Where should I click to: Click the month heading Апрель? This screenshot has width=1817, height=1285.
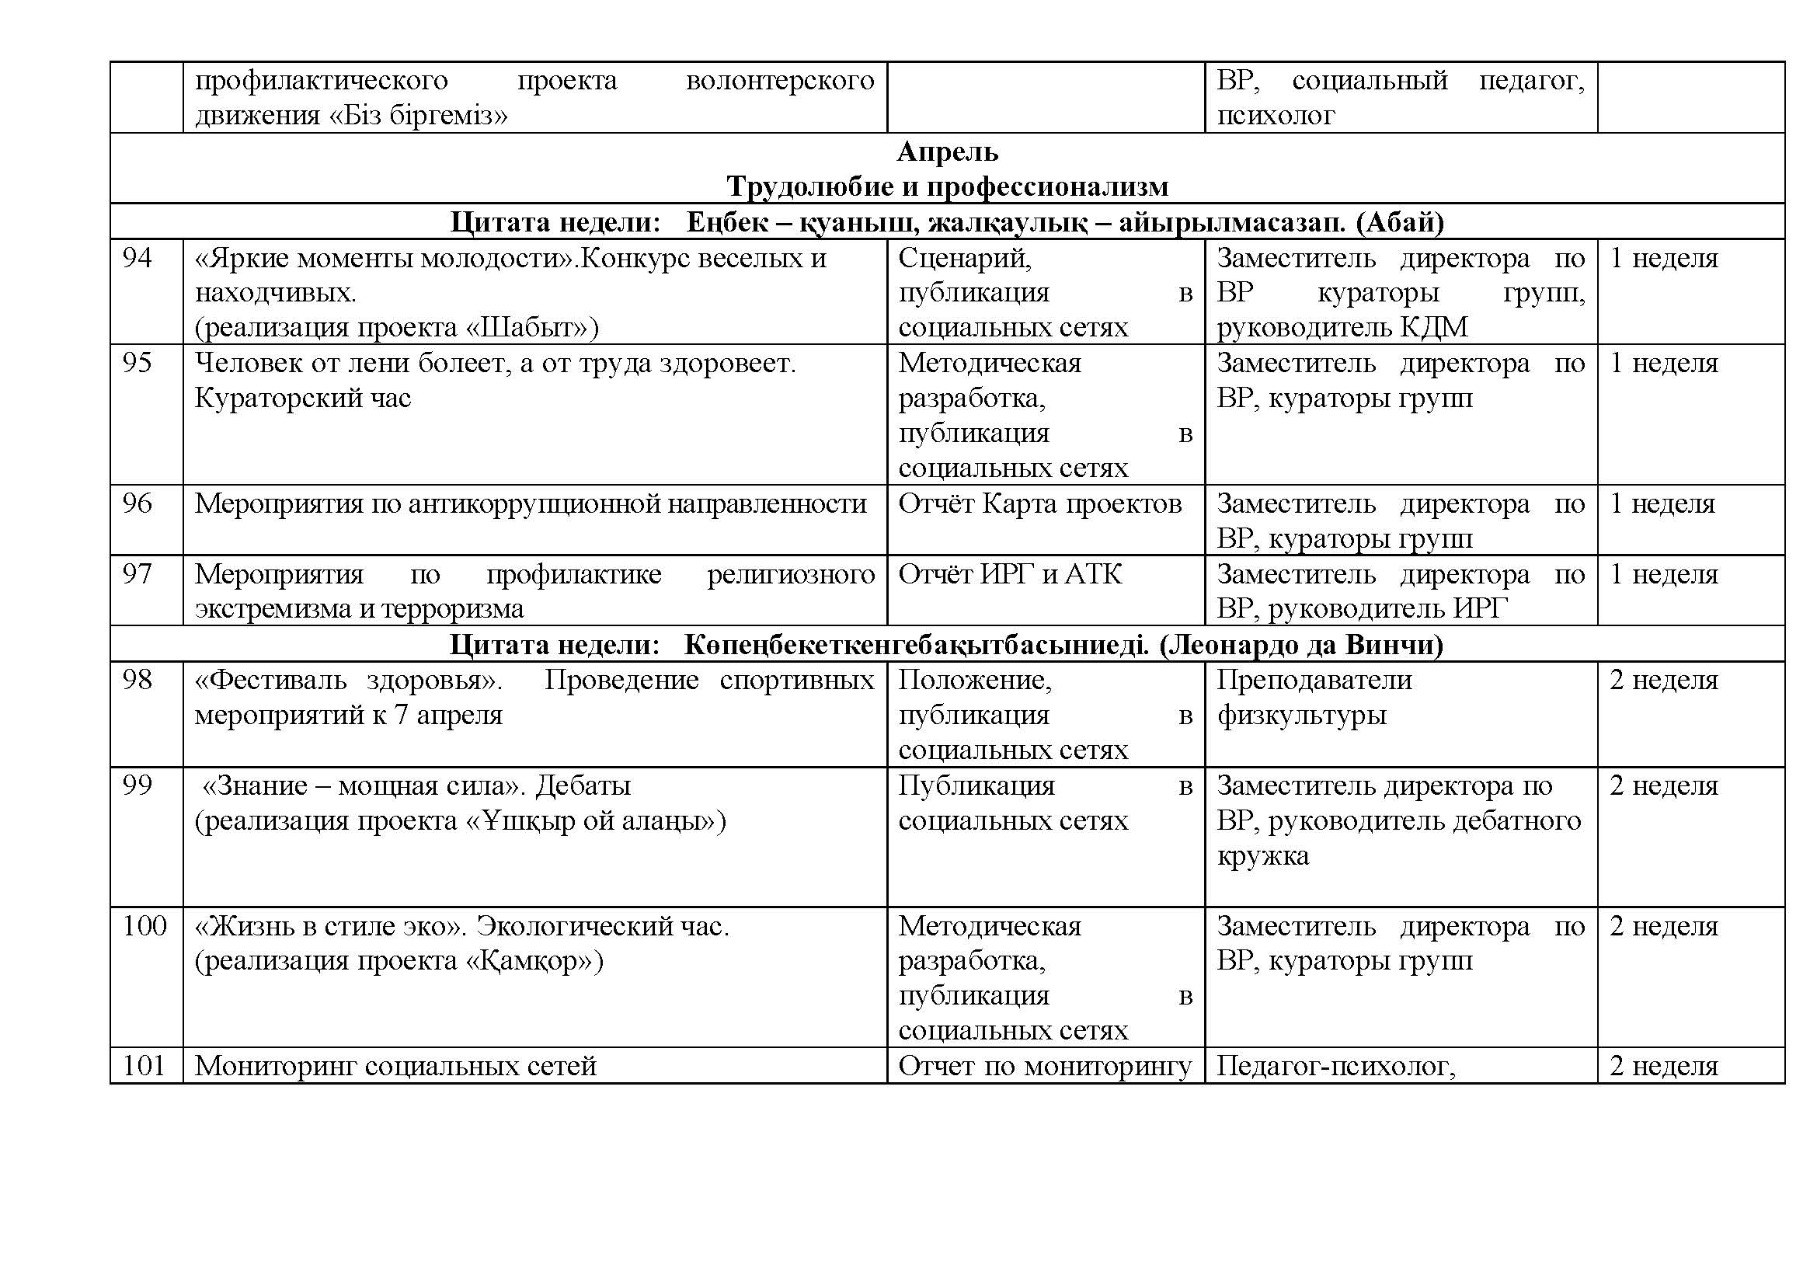click(947, 151)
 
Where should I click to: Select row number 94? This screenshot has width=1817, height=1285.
click(137, 258)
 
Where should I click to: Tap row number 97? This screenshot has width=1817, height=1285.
click(137, 573)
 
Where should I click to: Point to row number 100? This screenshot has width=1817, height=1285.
click(144, 926)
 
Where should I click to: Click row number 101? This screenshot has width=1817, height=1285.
click(143, 1066)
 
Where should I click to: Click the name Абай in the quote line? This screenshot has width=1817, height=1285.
click(1400, 222)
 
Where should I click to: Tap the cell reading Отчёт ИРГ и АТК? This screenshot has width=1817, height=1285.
click(1010, 573)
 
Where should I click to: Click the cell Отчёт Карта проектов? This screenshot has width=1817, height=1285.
click(1040, 504)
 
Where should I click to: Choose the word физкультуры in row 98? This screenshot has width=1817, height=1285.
click(1301, 716)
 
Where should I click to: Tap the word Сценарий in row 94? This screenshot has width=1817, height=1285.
click(964, 258)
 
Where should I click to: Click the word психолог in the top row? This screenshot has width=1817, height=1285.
click(1275, 116)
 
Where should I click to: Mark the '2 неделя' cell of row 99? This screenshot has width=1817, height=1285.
click(1663, 785)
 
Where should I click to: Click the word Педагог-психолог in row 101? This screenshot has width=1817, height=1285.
click(1335, 1066)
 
